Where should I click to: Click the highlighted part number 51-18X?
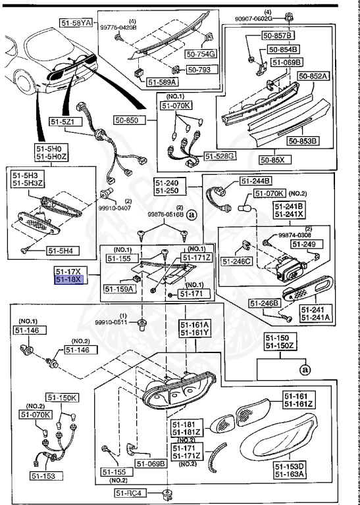coord(68,279)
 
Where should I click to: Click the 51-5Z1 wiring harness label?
coord(65,122)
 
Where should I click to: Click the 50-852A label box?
coord(313,76)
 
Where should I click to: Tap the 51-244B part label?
coord(255,181)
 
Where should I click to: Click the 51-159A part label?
coord(118,288)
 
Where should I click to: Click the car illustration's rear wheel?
coord(24,84)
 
